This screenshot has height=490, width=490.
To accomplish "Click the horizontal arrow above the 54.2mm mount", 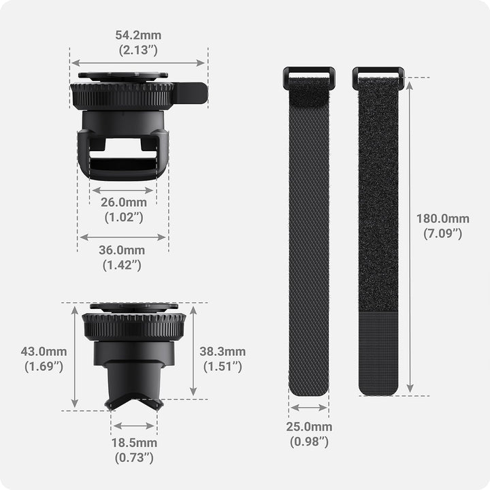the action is click(x=138, y=63).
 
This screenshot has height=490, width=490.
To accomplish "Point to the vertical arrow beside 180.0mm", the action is click(x=410, y=237).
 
